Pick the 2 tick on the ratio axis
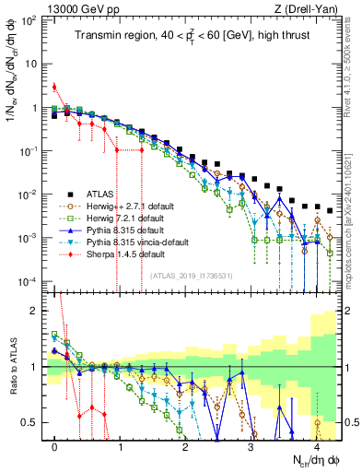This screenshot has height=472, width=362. coord(38,311)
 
